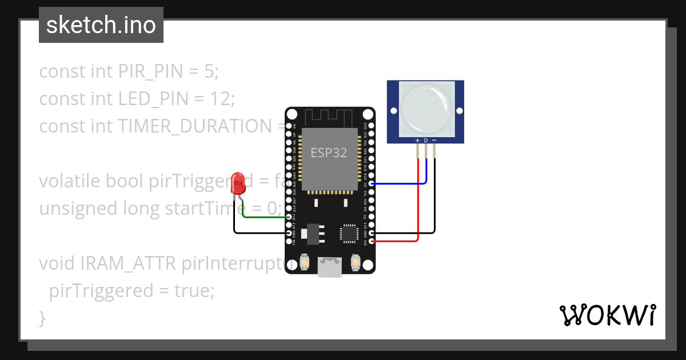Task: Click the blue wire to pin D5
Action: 400,183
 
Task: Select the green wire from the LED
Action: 263,217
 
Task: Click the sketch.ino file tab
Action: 101,25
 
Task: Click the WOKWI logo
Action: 607,315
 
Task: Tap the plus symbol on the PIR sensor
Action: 417,140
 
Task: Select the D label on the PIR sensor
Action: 426,140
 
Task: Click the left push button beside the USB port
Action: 305,262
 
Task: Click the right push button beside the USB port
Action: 356,262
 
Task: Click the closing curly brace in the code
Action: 42,317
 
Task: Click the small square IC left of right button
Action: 349,233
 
